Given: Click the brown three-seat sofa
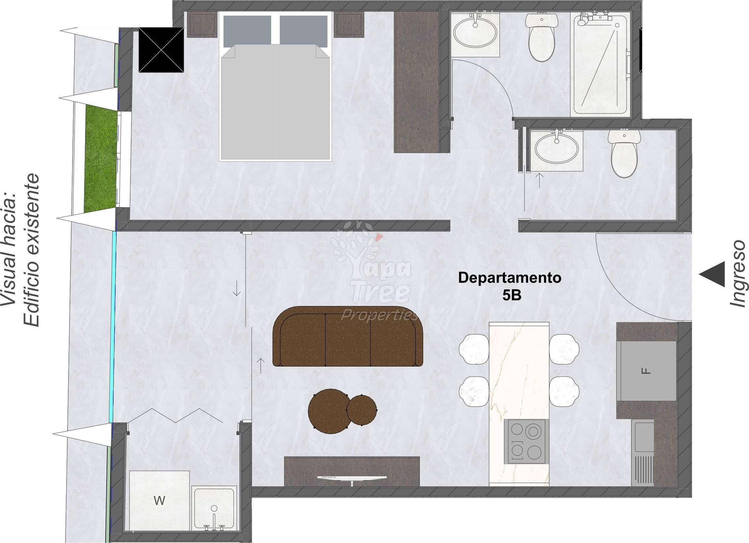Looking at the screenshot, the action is point(348,336).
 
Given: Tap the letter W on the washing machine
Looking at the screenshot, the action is point(159,501).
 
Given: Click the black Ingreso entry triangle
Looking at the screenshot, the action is point(713,274).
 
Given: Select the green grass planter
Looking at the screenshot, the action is point(101,159).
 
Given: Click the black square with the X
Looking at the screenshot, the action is point(161,50).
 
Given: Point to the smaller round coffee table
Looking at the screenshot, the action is point(362,410).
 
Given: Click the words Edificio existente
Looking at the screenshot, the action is point(31,250).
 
